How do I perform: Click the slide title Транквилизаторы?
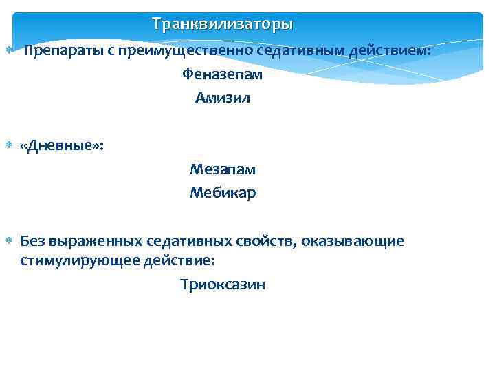coord(222,24)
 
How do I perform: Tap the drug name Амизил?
coord(223,98)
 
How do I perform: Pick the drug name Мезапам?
coord(223,169)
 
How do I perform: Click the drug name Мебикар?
coord(223,193)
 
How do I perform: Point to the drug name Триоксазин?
coord(223,285)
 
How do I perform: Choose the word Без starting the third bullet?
coord(32,241)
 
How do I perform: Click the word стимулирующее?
coord(81,261)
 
